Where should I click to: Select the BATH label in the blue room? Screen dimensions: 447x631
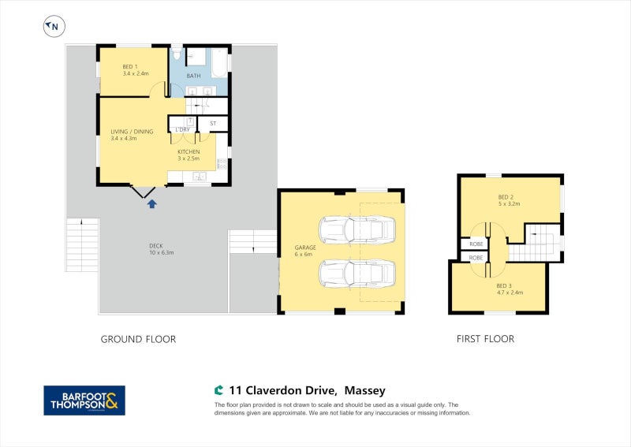point(192,76)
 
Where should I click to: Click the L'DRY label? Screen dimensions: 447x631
point(182,129)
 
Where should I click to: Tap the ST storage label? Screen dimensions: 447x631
point(213,124)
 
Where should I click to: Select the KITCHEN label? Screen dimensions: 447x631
point(189,151)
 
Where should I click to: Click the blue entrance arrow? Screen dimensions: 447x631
point(151,203)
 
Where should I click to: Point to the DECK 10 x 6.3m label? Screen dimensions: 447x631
point(161,248)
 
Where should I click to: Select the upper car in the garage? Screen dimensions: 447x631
point(357,229)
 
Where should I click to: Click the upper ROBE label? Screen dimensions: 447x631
point(476,243)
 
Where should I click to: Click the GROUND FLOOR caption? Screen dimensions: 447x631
point(138,339)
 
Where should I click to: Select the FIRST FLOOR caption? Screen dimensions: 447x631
point(485,339)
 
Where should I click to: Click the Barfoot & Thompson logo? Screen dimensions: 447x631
point(84,400)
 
